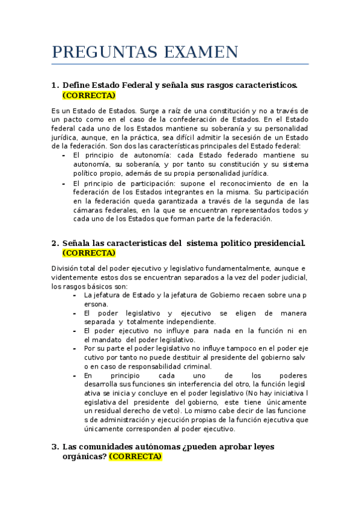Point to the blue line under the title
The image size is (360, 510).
click(180, 64)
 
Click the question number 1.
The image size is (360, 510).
click(55, 85)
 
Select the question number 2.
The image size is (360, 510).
click(55, 243)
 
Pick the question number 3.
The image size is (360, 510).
click(55, 447)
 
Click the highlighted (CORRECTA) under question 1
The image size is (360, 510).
click(88, 95)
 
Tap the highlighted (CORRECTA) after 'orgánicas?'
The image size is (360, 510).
click(135, 456)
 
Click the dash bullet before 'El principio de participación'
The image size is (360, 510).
click(64, 184)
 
